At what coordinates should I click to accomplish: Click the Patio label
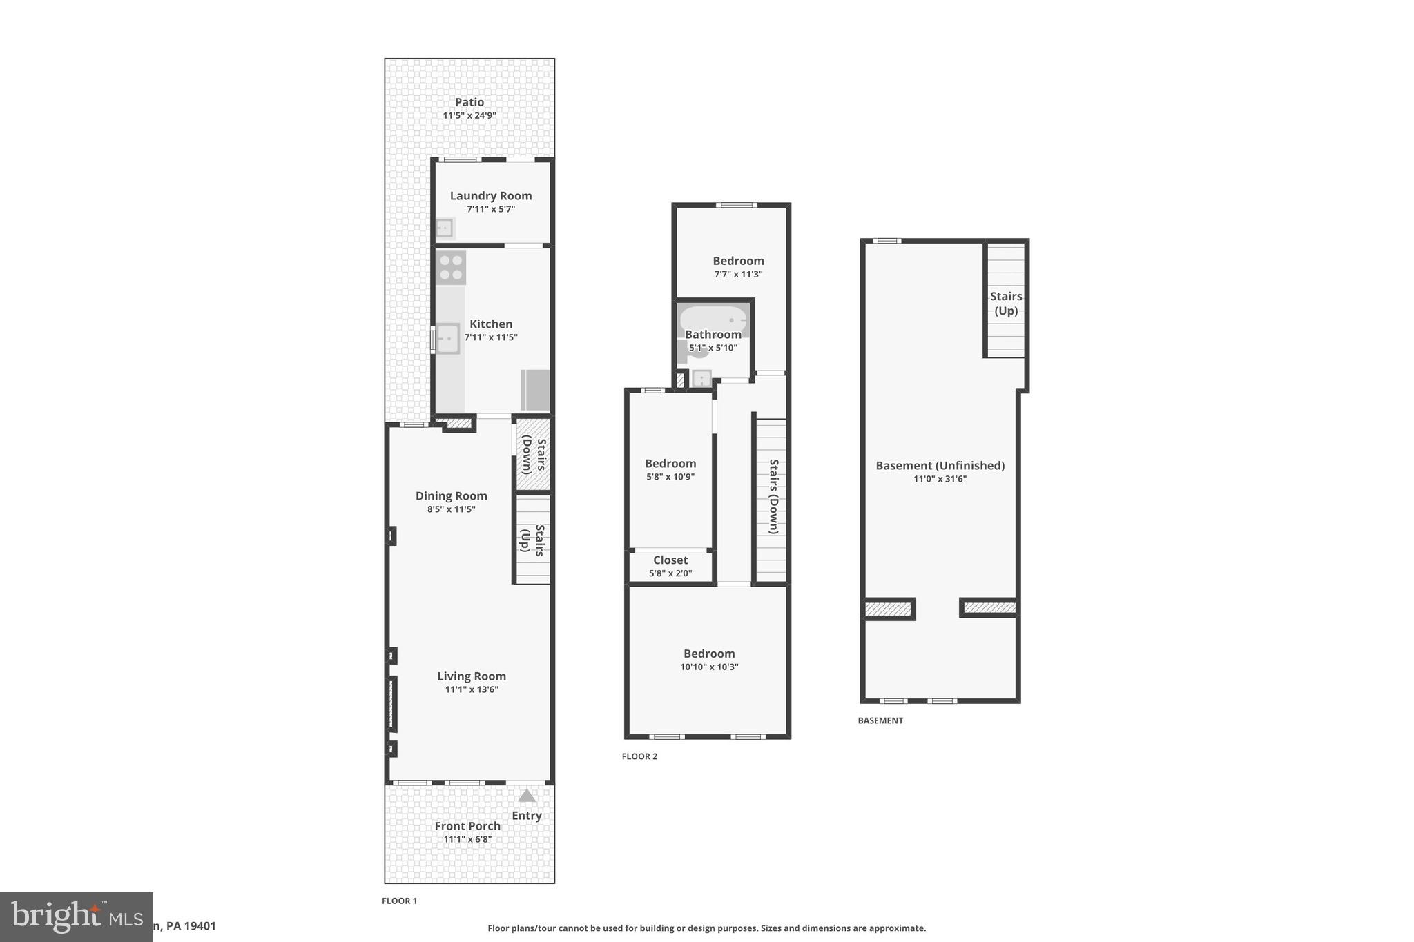click(469, 102)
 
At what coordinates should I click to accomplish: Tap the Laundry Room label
click(491, 196)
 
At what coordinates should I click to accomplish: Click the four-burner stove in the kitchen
click(451, 268)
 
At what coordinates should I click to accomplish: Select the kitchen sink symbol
click(447, 339)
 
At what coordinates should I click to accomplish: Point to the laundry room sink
click(444, 228)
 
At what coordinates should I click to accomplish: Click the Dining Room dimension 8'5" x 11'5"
click(451, 509)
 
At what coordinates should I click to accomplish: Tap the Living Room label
click(472, 676)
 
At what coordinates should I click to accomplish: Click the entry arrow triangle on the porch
click(527, 796)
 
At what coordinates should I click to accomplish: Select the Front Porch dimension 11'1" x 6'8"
click(467, 839)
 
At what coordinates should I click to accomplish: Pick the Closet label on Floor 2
click(670, 560)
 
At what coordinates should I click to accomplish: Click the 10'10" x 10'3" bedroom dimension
click(709, 667)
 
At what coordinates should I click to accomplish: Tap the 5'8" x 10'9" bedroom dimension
click(670, 476)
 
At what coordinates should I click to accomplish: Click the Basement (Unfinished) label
click(940, 466)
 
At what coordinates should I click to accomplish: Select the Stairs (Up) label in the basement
click(1006, 303)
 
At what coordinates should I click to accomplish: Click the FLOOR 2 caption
click(639, 756)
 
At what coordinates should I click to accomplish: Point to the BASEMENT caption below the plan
click(880, 720)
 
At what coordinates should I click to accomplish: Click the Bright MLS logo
click(76, 916)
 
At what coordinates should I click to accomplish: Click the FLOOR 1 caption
click(399, 901)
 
